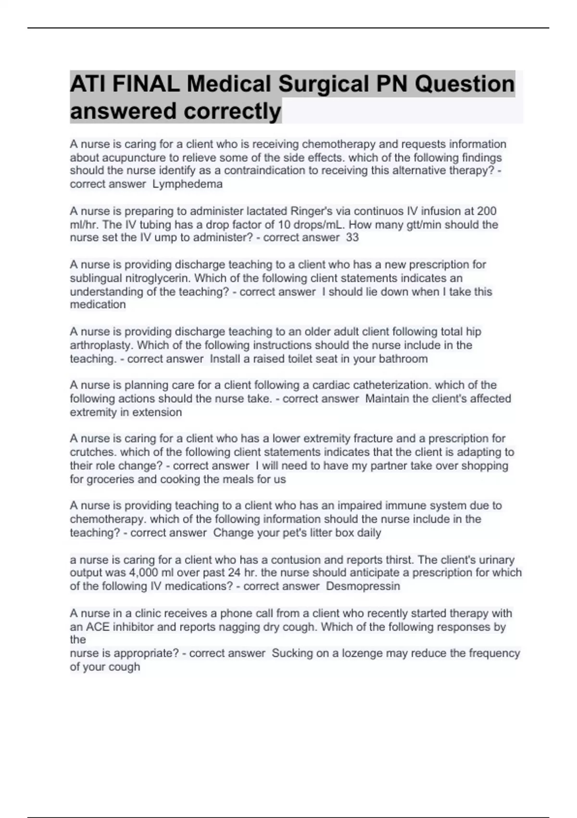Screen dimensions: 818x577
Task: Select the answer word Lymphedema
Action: click(188, 184)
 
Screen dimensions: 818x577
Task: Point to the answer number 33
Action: click(352, 237)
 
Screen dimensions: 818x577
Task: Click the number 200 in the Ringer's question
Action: click(487, 211)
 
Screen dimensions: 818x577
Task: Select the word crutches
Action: click(93, 452)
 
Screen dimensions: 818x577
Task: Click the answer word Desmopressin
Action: click(363, 586)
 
